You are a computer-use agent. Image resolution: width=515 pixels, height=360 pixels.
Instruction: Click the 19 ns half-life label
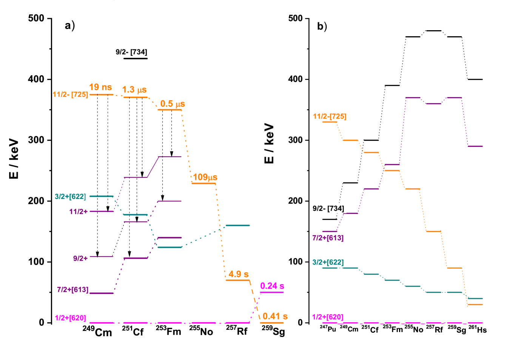click(100, 87)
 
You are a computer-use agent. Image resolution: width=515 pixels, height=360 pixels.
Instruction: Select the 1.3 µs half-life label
click(134, 90)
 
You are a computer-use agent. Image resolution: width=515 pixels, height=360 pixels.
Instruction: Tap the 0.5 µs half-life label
click(173, 104)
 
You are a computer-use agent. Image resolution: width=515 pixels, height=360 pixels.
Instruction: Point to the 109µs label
click(205, 177)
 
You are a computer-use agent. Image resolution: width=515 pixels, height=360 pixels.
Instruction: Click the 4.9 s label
click(238, 274)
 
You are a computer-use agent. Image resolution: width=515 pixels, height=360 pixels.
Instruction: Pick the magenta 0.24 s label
click(272, 286)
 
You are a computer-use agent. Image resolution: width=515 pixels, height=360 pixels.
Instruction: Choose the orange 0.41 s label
click(275, 316)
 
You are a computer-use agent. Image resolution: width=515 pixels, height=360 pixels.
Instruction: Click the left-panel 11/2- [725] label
click(70, 94)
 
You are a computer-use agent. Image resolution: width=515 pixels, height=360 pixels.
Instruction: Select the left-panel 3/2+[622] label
click(70, 197)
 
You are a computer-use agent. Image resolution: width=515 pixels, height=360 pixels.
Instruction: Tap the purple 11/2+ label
click(79, 212)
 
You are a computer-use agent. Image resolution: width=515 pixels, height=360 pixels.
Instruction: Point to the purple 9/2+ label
click(80, 258)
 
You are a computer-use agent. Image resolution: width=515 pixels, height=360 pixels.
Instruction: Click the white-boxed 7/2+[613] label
click(72, 289)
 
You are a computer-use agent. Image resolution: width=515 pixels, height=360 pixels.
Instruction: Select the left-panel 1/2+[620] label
click(71, 318)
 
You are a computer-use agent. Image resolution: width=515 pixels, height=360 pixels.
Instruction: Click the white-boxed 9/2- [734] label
click(328, 208)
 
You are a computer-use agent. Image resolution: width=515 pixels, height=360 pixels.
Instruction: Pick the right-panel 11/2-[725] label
click(329, 116)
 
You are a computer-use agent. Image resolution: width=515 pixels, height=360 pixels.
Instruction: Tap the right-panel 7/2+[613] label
click(328, 238)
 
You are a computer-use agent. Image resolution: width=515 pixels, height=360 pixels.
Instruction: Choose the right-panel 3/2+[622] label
click(328, 262)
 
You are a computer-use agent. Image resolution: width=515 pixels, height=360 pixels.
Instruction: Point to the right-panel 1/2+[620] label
click(327, 317)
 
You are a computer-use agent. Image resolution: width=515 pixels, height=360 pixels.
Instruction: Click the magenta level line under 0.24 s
click(271, 292)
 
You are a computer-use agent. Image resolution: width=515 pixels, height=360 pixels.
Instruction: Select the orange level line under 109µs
click(204, 183)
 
